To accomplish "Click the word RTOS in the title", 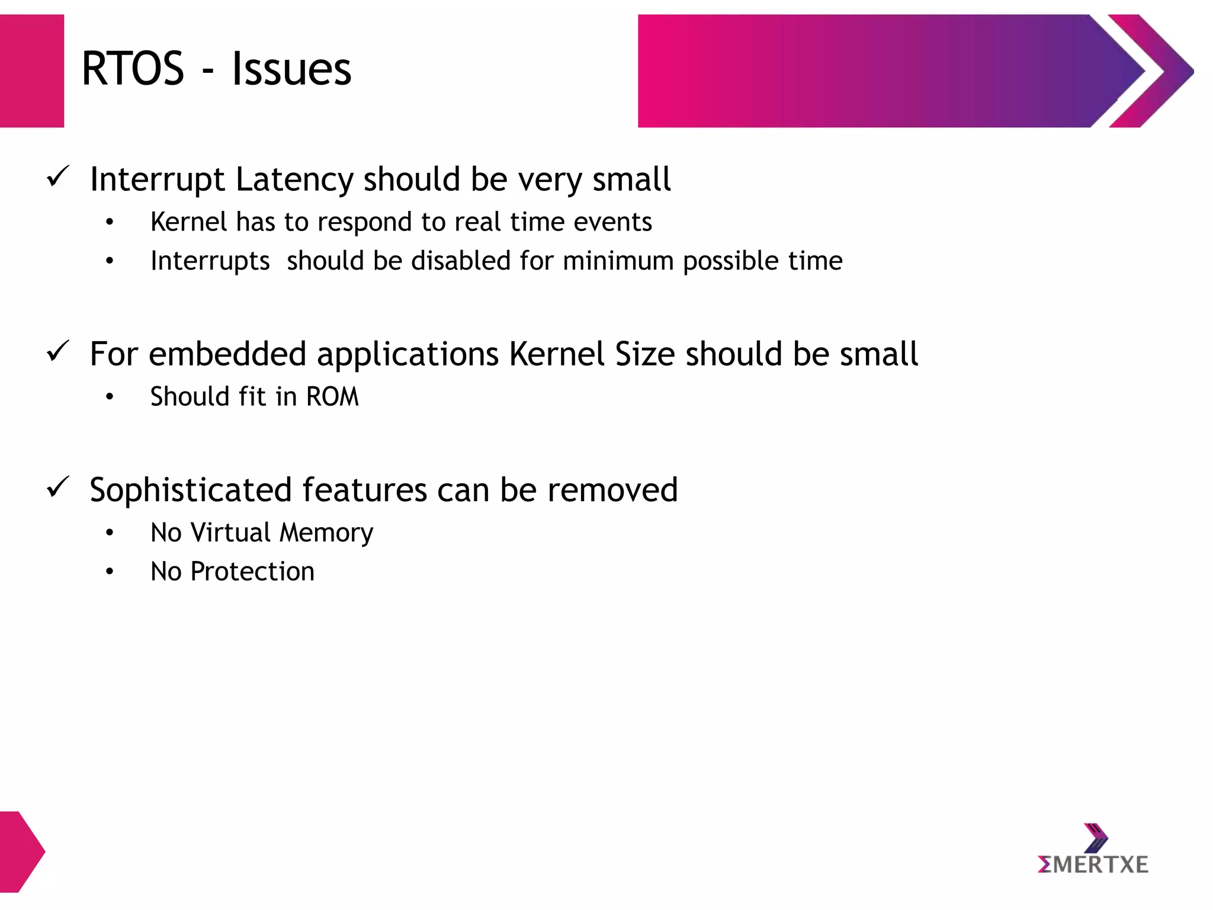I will click(x=133, y=69).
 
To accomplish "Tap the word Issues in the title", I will click(x=291, y=69).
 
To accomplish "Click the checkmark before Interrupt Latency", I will click(x=58, y=177).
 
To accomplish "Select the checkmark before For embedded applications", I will click(x=58, y=351).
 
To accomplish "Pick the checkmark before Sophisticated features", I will click(x=58, y=487).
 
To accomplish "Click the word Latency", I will click(x=294, y=180).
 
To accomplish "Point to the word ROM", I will click(x=332, y=397).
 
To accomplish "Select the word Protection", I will click(x=252, y=572).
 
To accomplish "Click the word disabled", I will click(x=461, y=261).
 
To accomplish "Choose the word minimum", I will click(x=618, y=261).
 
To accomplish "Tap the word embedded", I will click(x=227, y=354).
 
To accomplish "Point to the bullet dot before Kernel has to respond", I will click(x=110, y=223).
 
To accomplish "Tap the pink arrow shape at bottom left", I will click(x=20, y=851).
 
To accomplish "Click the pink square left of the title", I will click(x=32, y=71).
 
